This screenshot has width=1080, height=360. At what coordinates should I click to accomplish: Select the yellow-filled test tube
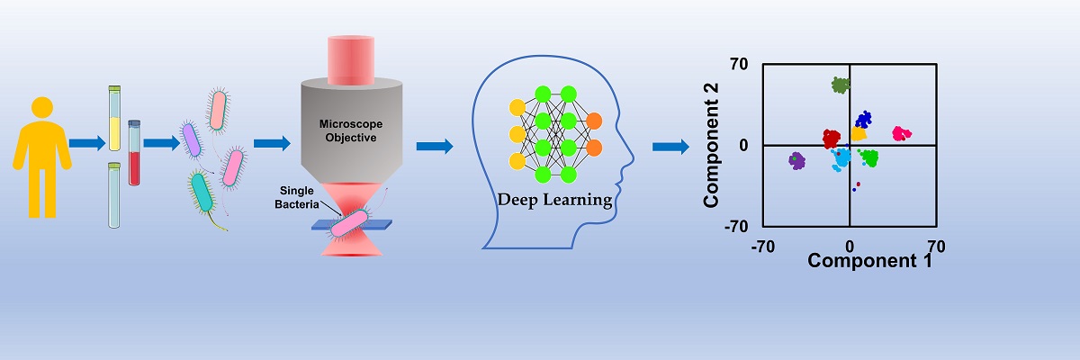click(x=114, y=117)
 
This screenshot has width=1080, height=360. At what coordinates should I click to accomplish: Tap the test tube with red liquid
click(x=134, y=153)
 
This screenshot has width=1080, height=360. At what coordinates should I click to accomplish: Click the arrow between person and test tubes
click(x=86, y=142)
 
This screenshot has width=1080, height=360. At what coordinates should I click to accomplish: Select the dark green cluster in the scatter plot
click(x=841, y=85)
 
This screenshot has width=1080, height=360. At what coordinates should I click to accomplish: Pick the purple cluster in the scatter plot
click(x=796, y=160)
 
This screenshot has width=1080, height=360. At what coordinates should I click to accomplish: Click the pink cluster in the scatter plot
click(x=901, y=133)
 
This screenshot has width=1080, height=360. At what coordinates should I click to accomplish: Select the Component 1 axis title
click(x=868, y=262)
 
